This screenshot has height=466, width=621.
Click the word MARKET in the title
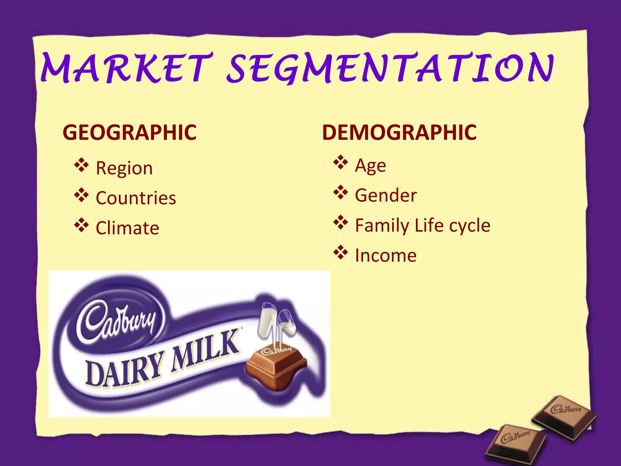point(126,68)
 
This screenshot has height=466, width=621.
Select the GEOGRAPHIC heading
point(129,133)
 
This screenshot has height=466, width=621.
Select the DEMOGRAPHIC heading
point(399,133)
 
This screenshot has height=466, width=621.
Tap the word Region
point(124,168)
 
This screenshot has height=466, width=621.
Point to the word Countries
point(136,198)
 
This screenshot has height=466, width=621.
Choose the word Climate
point(127,228)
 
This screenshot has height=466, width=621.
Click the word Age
point(370,166)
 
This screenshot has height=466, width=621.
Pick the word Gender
point(386,195)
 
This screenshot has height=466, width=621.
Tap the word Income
point(386,255)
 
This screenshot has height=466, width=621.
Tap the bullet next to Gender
point(341,193)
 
